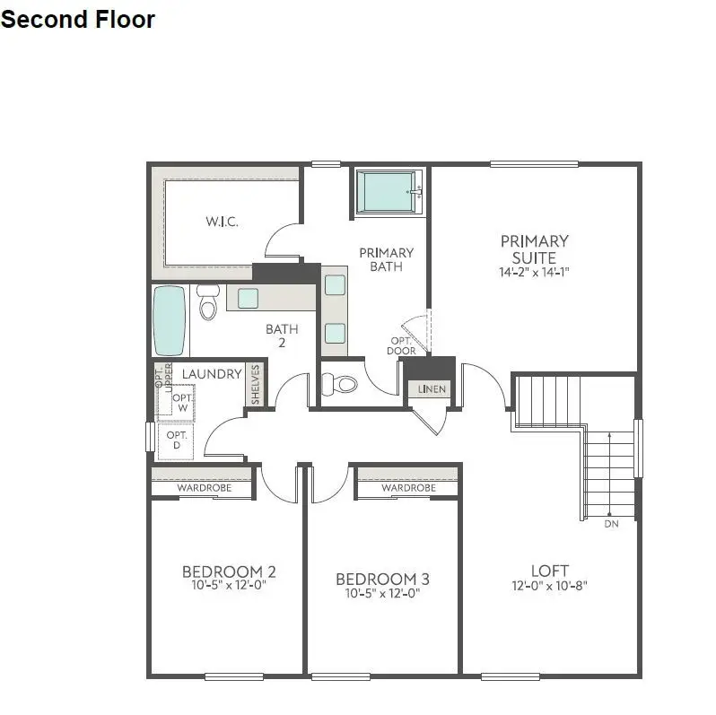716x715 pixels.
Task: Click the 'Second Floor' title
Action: click(78, 19)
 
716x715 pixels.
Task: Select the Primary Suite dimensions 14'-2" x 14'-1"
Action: click(535, 272)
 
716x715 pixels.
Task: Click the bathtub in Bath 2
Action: click(170, 320)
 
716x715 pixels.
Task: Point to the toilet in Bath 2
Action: click(209, 305)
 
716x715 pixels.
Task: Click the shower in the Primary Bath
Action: click(389, 191)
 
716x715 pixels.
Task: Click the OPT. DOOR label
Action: click(402, 345)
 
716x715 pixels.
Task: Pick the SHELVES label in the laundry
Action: click(255, 384)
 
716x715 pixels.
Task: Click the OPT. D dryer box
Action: click(176, 440)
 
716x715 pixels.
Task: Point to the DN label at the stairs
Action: click(611, 523)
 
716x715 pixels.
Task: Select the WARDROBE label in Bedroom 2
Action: click(204, 488)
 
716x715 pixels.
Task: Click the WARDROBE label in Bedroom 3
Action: click(408, 488)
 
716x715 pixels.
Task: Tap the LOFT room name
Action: click(550, 571)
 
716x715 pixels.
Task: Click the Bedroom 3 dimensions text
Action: click(382, 593)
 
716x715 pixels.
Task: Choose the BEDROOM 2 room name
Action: click(229, 571)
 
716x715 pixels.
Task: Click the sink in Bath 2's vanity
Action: click(249, 298)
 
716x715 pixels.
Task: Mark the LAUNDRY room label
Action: click(213, 374)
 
